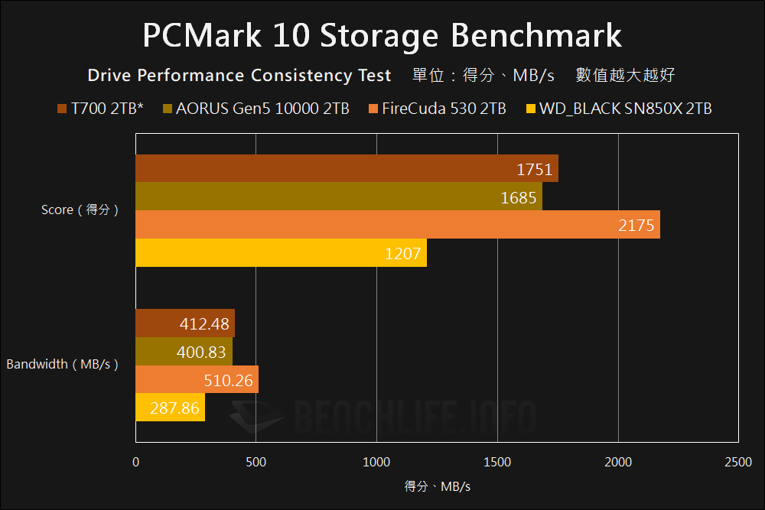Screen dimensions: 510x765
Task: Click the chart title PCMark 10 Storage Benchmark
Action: pyautogui.click(x=382, y=35)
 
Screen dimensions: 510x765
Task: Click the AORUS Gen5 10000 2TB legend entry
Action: pyautogui.click(x=256, y=109)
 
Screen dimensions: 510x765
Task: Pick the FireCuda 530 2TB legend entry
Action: pyautogui.click(x=437, y=109)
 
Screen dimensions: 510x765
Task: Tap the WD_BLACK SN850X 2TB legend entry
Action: pyautogui.click(x=619, y=109)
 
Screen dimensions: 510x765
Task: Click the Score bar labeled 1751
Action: pyautogui.click(x=347, y=168)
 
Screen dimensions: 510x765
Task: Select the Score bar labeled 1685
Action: pyautogui.click(x=339, y=197)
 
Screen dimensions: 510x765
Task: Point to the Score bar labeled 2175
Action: pyautogui.click(x=398, y=225)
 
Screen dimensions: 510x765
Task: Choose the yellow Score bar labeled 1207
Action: pyautogui.click(x=281, y=253)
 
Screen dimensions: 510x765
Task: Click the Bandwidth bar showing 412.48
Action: pyautogui.click(x=185, y=323)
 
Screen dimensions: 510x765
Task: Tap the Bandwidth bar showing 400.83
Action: pyautogui.click(x=184, y=352)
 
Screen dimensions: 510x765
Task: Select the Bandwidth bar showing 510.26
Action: pyautogui.click(x=197, y=379)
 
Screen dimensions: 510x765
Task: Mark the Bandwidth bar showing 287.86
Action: pyautogui.click(x=170, y=408)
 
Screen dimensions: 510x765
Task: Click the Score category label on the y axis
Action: pyautogui.click(x=80, y=210)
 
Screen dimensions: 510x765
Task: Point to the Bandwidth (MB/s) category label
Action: pyautogui.click(x=63, y=365)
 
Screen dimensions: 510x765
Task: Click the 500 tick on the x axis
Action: pyautogui.click(x=256, y=462)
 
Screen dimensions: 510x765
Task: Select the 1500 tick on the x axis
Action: pyautogui.click(x=497, y=462)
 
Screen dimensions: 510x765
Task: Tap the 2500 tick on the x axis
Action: pyautogui.click(x=737, y=462)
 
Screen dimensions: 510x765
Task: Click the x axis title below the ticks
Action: pyautogui.click(x=437, y=486)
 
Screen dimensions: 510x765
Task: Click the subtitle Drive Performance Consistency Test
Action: pyautogui.click(x=239, y=76)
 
